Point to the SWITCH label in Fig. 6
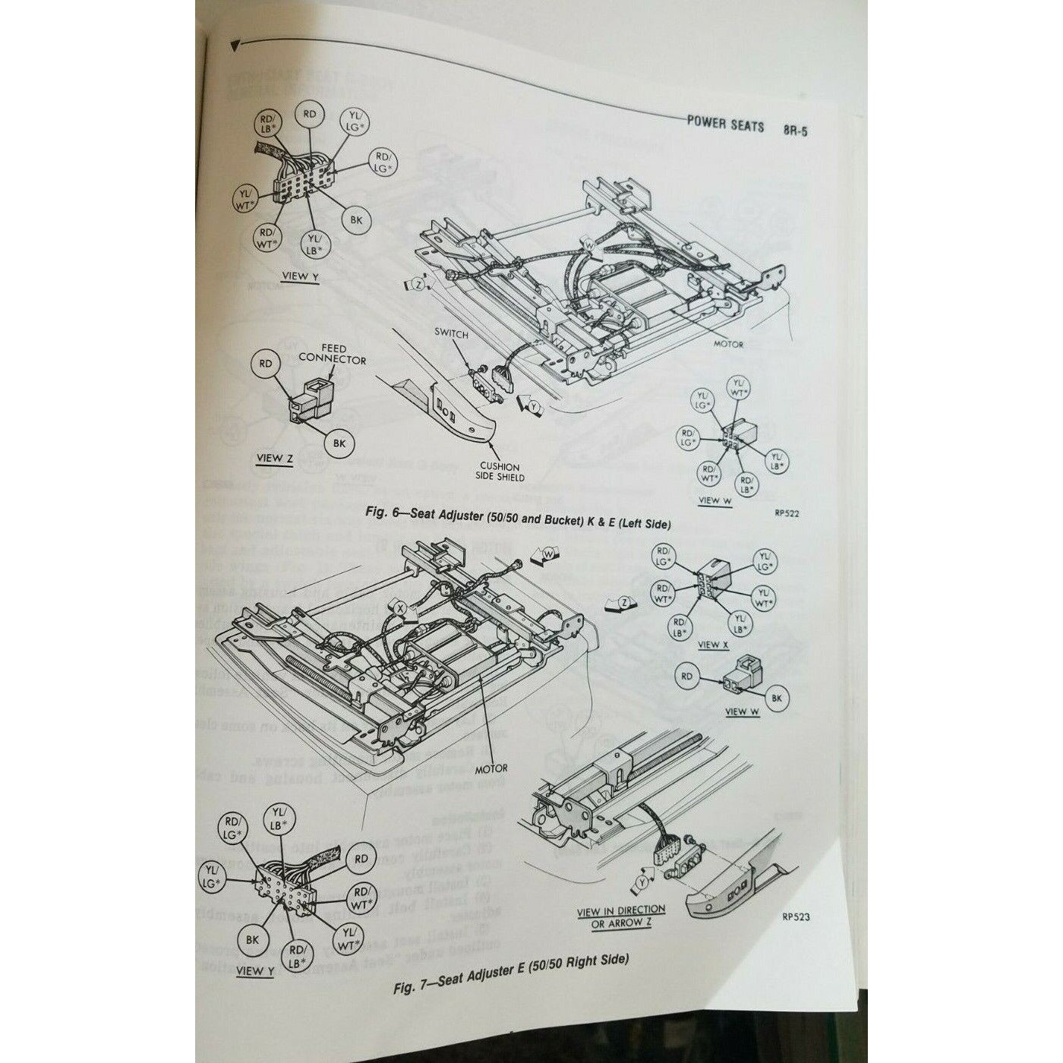point(452,333)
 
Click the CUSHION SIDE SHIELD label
point(499,472)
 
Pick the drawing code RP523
point(795,916)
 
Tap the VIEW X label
point(713,645)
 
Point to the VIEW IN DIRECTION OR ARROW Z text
point(620,916)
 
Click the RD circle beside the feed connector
point(266,364)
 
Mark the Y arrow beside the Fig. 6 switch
point(533,406)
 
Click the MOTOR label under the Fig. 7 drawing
point(491,768)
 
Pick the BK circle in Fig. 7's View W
point(776,698)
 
